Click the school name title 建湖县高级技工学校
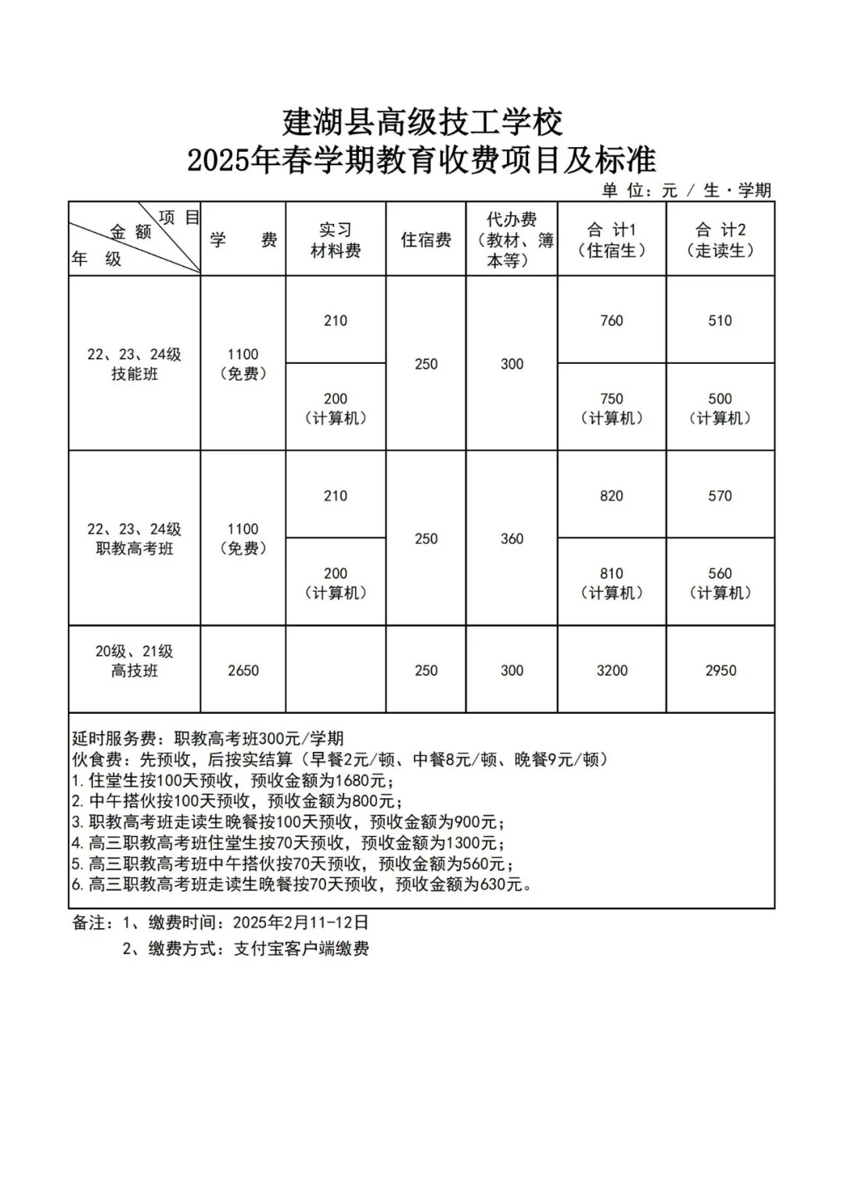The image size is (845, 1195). point(422,122)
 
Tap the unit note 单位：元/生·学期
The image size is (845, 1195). point(686,190)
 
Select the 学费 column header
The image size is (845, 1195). point(243,240)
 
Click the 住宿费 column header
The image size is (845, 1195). point(426,240)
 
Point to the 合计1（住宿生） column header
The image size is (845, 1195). point(611,240)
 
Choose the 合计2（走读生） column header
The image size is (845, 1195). point(720,240)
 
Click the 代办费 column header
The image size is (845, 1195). point(512,240)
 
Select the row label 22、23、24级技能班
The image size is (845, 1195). point(135,364)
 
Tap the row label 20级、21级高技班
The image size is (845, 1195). point(135,661)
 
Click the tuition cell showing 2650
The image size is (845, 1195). point(243,671)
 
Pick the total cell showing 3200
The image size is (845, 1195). point(611,671)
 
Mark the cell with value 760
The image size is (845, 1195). point(611,321)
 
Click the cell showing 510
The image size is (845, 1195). point(720,321)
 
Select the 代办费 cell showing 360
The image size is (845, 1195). point(512,539)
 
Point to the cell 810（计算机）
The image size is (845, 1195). point(611,584)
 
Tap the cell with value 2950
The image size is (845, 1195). point(720,671)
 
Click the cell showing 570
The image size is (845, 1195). point(720,496)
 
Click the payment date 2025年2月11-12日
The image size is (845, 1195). point(300,923)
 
